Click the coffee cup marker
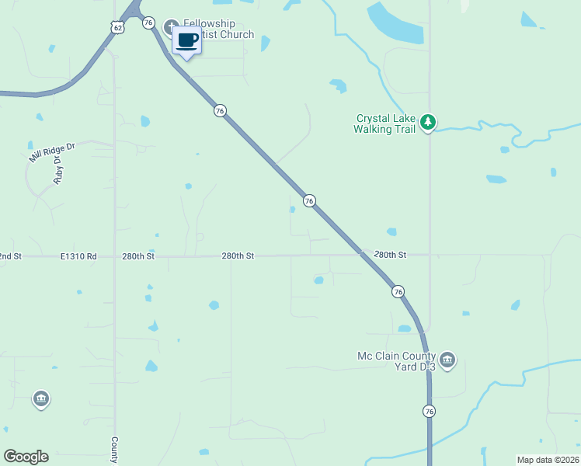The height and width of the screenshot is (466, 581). tap(186, 40)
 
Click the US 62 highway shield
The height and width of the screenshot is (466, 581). tap(117, 27)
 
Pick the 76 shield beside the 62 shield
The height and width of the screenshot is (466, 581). tap(148, 23)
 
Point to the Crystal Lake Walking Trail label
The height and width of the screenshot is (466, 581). tap(385, 123)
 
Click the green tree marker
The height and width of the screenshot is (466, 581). tap(427, 123)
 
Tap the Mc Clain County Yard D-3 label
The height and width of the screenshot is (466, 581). tap(396, 361)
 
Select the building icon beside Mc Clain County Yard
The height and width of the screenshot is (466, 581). tap(447, 360)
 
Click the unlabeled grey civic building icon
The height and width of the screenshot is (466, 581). tap(41, 399)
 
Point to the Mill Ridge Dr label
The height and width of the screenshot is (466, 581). tap(52, 151)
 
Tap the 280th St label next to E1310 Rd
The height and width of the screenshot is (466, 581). tap(138, 256)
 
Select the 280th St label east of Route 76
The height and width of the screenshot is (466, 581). tap(390, 255)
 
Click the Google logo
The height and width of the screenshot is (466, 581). tap(26, 457)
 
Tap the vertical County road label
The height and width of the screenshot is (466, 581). tap(114, 450)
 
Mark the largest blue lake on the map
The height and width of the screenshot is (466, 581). tap(395, 23)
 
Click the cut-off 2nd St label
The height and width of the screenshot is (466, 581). tap(11, 256)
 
